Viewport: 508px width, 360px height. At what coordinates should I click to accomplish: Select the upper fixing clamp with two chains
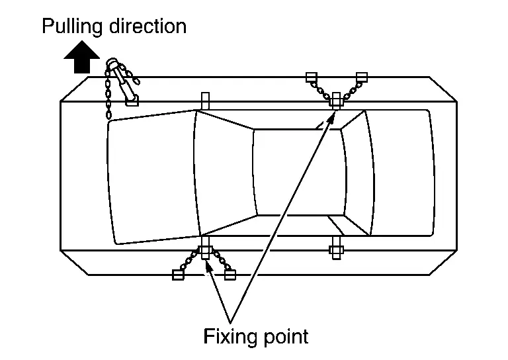click(337, 100)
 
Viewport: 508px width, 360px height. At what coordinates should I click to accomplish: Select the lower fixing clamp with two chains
click(205, 251)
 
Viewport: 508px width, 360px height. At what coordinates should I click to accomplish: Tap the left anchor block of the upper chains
click(312, 77)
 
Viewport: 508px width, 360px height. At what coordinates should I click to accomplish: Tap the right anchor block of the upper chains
click(361, 77)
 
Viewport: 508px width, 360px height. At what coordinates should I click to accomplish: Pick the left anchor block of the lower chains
click(177, 275)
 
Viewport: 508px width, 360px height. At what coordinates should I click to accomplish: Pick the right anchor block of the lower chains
click(230, 275)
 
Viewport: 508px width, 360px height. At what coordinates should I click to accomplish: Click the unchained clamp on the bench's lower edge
click(335, 250)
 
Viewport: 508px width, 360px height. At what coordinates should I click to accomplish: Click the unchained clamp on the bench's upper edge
click(205, 101)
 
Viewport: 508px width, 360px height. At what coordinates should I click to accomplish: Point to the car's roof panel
click(298, 172)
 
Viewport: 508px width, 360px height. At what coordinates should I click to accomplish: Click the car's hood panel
click(152, 175)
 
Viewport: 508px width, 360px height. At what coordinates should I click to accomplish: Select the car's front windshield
click(225, 172)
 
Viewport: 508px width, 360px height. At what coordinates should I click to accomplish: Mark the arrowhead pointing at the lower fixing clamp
click(209, 265)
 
